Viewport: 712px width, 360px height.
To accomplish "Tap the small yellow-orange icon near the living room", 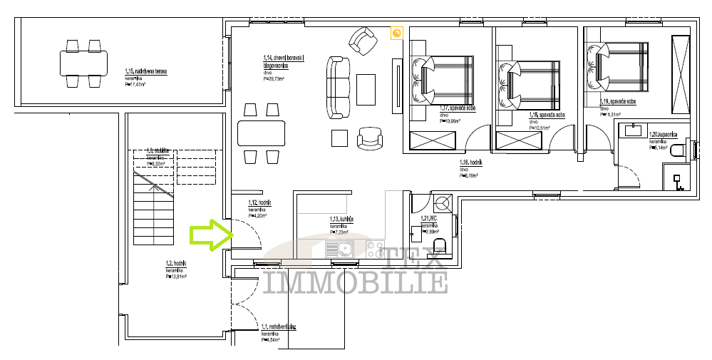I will point(397,32).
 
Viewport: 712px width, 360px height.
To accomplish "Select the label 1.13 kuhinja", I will point(342,220).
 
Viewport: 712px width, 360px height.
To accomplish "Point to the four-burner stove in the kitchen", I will point(378,250).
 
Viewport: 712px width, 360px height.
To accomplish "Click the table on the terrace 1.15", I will point(83,63).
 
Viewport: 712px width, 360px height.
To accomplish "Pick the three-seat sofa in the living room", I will point(339,87).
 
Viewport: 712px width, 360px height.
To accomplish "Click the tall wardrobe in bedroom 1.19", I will point(680,73).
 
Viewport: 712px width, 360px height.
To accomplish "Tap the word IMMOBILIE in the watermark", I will point(355,282).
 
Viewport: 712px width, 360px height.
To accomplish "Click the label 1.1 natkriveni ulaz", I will point(278,328).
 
